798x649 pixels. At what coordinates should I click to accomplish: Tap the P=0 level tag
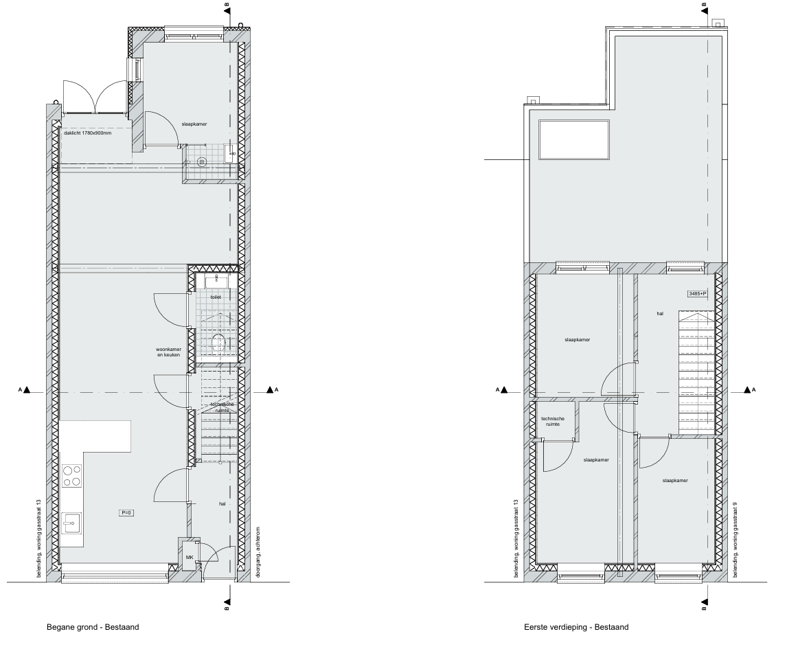pyautogui.click(x=126, y=513)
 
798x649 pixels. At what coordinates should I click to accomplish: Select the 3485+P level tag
pyautogui.click(x=697, y=294)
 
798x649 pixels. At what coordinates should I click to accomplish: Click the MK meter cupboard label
pyautogui.click(x=189, y=558)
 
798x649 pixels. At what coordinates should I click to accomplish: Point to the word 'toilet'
pyautogui.click(x=216, y=297)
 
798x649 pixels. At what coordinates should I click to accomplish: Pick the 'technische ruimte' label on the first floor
pyautogui.click(x=552, y=422)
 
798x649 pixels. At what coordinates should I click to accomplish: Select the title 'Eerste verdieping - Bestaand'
pyautogui.click(x=575, y=627)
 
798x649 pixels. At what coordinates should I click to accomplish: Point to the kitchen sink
pyautogui.click(x=71, y=523)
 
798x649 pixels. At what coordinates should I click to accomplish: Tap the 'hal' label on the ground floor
pyautogui.click(x=223, y=503)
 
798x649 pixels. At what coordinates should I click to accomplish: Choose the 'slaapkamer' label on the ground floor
pyautogui.click(x=194, y=124)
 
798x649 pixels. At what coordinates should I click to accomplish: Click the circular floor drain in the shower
pyautogui.click(x=201, y=162)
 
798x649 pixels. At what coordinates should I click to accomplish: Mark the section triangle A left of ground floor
pyautogui.click(x=26, y=390)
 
